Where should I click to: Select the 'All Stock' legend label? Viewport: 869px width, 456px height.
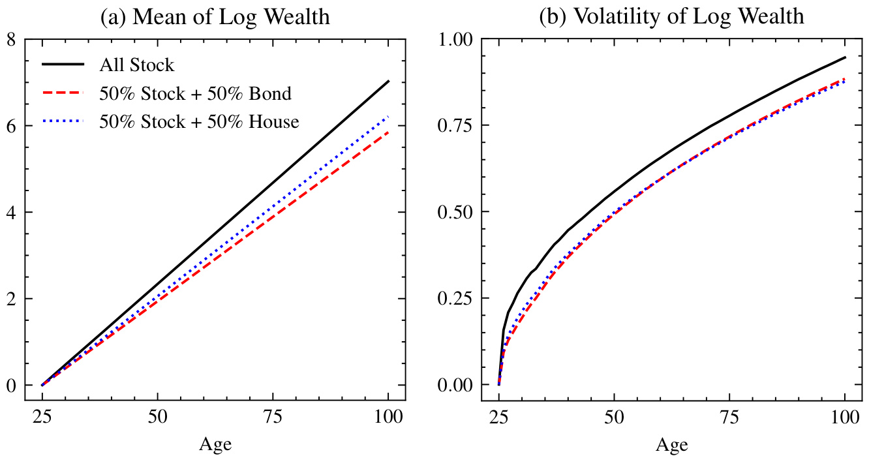[137, 65]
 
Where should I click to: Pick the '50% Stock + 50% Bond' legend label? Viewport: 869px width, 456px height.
[195, 94]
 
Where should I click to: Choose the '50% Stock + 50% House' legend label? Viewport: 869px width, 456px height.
[199, 122]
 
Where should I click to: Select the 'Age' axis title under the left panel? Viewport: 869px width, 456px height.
[215, 444]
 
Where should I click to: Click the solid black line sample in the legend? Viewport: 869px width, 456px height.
[63, 65]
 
